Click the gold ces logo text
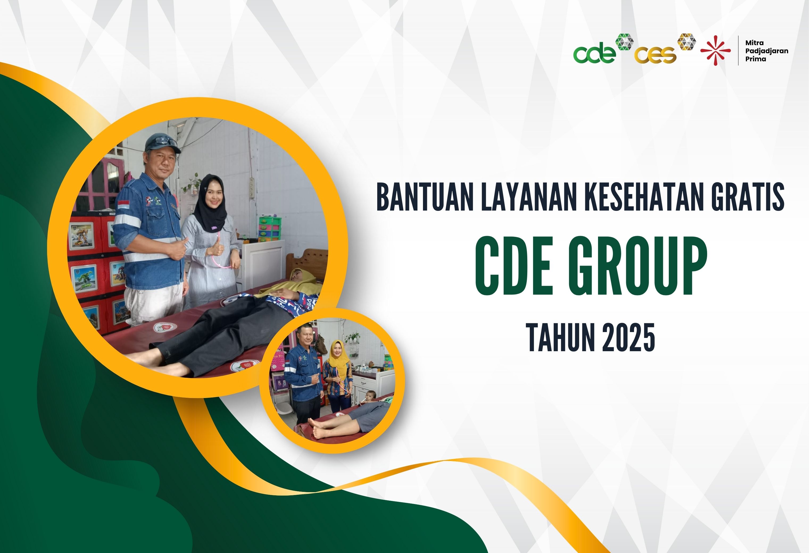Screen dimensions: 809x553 [655, 55]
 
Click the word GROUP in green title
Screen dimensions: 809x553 [638, 267]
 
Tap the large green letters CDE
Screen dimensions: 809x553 [515, 267]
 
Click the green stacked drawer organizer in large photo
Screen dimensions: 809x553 [270, 228]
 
